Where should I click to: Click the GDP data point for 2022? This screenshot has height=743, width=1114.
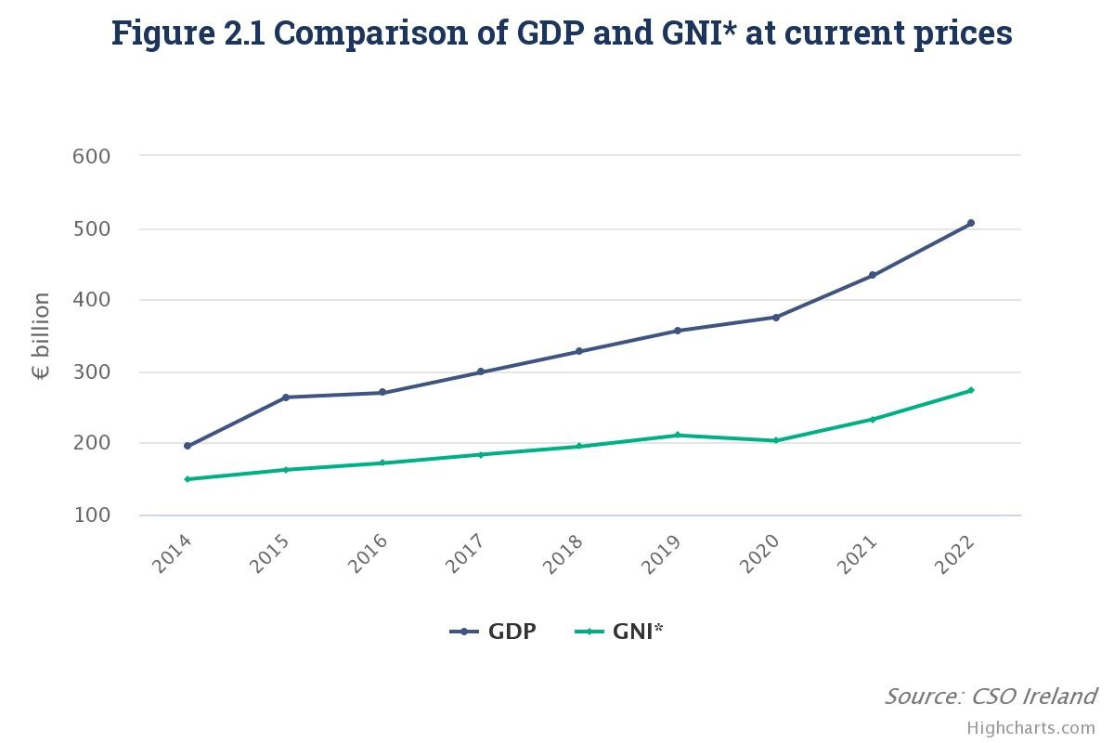971,223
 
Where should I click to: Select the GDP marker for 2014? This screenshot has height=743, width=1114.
188,446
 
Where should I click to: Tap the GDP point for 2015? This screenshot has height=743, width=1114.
286,398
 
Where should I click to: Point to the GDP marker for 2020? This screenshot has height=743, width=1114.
776,318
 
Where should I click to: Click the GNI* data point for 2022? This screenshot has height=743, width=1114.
971,390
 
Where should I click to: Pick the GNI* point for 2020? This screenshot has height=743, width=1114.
776,440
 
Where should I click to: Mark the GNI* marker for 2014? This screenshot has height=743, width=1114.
188,479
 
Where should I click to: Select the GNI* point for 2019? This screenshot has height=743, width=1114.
678,435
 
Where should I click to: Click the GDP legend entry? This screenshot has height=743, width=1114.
493,632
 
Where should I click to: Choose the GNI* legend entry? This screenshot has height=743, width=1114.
619,632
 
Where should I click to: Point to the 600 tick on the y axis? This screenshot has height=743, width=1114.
91,156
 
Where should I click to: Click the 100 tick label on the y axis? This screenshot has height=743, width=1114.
91,515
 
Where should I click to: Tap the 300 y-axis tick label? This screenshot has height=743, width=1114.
91,371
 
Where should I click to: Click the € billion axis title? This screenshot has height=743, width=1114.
42,336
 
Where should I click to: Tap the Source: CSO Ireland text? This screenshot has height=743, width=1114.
990,696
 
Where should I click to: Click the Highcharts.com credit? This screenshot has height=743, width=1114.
1030,727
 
